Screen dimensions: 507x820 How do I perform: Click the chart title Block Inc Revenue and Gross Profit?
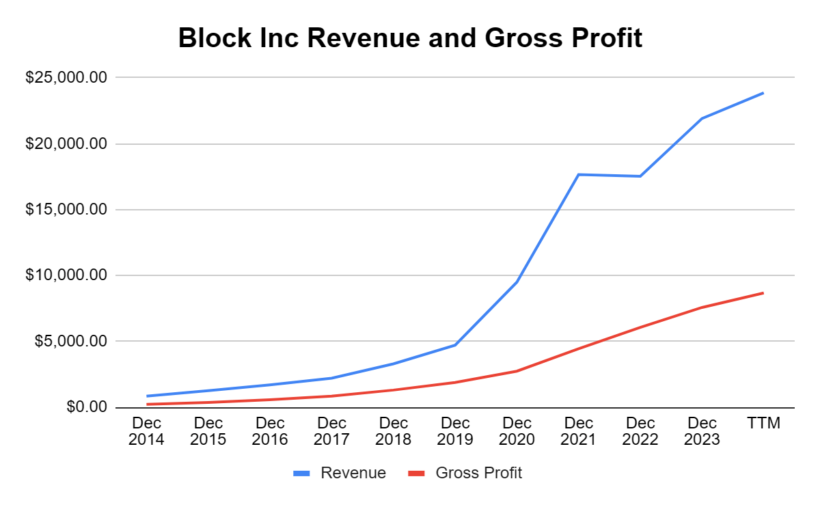410,38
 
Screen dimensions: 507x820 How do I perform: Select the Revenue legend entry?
353,473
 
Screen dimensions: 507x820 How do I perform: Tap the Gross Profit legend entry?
478,473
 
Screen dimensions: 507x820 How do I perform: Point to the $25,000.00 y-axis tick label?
66,78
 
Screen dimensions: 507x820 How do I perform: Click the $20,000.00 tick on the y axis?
66,144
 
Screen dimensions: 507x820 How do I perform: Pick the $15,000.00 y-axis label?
66,210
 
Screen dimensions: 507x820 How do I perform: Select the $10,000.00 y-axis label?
66,275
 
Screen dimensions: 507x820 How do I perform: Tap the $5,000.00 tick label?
70,341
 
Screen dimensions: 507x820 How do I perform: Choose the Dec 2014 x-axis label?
146,431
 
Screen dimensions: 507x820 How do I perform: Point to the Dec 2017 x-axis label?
331,431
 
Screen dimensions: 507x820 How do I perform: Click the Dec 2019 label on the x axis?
455,431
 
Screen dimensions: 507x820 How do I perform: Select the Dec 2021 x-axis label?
578,431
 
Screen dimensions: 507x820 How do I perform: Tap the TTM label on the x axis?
763,424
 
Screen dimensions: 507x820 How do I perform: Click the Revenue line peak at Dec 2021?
579,174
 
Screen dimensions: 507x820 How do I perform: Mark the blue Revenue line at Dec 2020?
517,282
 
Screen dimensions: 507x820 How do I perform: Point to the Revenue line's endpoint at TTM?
763,93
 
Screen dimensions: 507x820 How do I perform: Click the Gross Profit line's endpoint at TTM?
763,293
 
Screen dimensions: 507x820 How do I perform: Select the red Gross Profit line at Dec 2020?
517,371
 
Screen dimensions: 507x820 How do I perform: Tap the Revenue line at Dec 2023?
702,118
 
